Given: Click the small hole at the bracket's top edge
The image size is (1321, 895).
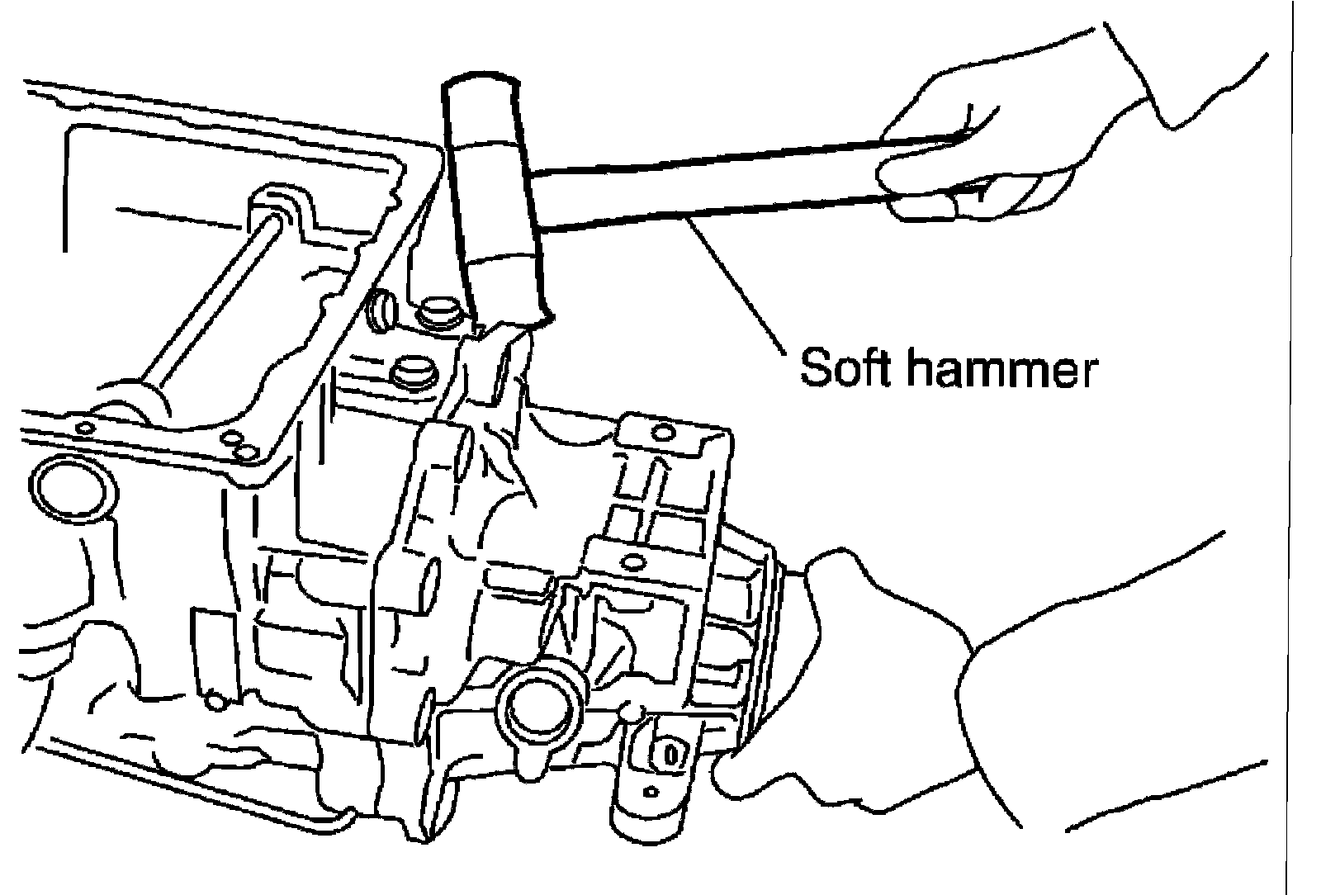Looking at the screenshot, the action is pos(660,431).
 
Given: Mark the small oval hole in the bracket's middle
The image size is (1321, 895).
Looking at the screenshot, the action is pos(632,563).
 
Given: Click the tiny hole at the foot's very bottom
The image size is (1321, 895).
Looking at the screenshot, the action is pos(652,793).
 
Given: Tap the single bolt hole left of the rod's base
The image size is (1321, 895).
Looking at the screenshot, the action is pos(85,429).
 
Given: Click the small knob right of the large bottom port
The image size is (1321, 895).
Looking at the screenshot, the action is pos(632,710).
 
